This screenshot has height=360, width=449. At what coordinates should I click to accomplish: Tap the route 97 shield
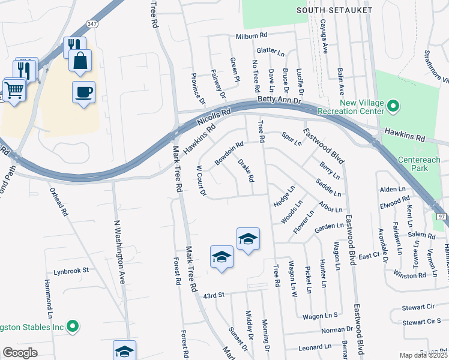tap(442, 215)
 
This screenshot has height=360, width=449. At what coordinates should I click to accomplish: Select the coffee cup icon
tap(83, 92)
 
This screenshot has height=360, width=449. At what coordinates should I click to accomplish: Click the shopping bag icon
tap(80, 61)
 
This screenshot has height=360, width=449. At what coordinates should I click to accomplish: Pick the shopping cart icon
tap(14, 89)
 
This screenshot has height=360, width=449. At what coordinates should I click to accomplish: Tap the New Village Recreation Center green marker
tap(394, 107)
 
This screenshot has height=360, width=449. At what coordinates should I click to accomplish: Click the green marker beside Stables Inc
tap(73, 327)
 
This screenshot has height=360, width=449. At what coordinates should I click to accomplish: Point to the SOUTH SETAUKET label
tap(335, 11)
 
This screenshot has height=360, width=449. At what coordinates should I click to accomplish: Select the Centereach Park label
tap(420, 164)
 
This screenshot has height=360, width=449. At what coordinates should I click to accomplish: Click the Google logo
tap(20, 353)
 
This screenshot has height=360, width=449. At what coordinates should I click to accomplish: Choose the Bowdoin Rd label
tap(229, 154)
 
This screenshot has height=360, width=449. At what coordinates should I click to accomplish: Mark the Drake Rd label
tap(246, 170)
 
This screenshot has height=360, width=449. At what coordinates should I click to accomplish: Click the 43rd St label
tap(213, 295)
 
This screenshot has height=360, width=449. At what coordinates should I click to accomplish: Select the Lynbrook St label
tap(71, 271)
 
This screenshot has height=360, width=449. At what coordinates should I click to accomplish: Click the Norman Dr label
tap(337, 329)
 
